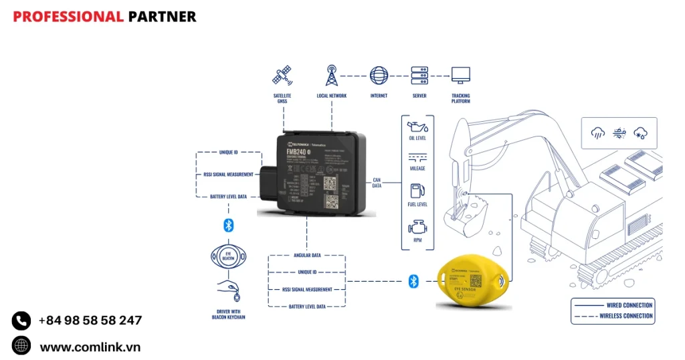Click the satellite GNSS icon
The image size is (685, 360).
(282, 76)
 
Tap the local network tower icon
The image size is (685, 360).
(331, 76)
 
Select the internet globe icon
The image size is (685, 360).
(379, 75)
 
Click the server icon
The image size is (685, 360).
(419, 75)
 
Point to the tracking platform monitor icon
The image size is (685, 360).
(460, 75)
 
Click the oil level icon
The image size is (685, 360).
(417, 127)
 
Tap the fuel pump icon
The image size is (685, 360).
(417, 191)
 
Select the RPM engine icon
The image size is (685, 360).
(417, 228)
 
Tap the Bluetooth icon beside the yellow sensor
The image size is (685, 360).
(413, 281)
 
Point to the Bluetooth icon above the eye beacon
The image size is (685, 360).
(228, 225)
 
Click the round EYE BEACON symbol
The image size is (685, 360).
(228, 256)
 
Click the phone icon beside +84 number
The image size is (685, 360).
(21, 321)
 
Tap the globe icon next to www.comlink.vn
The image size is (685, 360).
(21, 345)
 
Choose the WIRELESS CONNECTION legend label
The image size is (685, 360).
(625, 316)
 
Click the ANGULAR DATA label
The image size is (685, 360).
(307, 255)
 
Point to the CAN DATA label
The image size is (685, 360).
(377, 183)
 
